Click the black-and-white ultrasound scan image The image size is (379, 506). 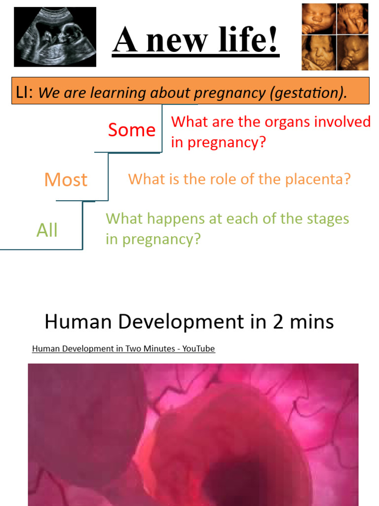coord(55,37)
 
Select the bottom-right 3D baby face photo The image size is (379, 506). coord(352,52)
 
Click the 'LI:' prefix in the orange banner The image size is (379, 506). coord(25,92)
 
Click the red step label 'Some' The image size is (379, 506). coord(132,130)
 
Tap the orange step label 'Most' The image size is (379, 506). coord(66,180)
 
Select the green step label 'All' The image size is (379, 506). coord(47,230)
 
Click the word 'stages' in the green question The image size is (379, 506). coord(324,218)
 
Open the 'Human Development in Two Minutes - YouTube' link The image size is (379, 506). coord(123,349)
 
